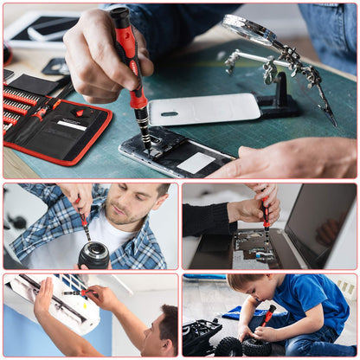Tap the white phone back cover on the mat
tap(203, 108)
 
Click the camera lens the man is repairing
tap(93, 254)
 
